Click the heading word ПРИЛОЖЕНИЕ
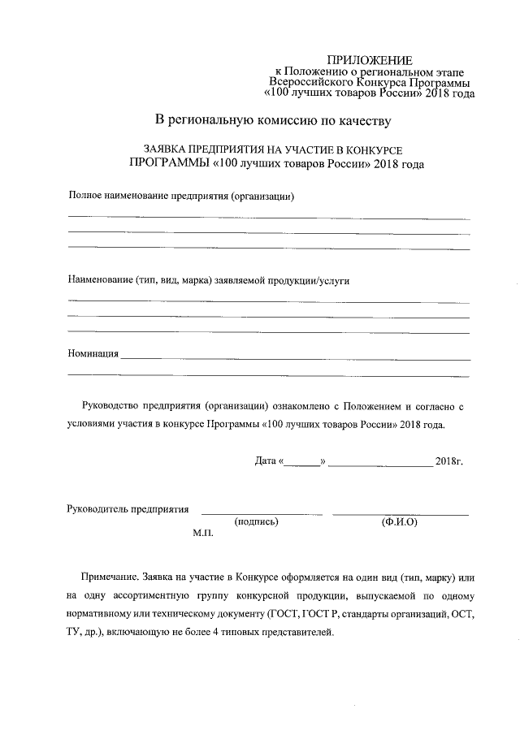point(369,60)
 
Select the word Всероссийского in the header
point(310,82)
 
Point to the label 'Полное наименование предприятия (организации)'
point(180,197)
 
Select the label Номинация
point(93,354)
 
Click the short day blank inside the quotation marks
point(302,465)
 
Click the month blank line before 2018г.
point(380,465)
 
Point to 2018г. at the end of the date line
point(448,461)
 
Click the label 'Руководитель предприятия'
point(128,509)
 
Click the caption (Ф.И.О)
point(399,522)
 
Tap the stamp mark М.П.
point(202,535)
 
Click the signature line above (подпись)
point(262,514)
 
